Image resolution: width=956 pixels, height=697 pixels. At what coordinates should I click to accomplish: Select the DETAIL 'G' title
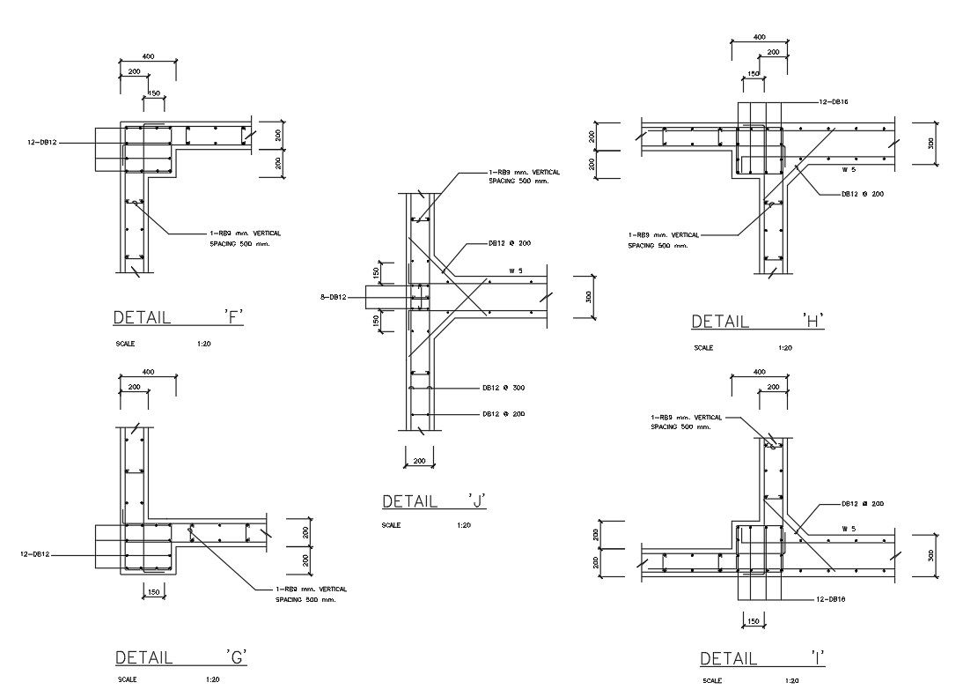click(x=181, y=657)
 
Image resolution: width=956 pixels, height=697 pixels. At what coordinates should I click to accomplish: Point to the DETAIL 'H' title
click(x=758, y=322)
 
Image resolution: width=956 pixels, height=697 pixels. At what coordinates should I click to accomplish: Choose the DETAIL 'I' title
click(x=762, y=658)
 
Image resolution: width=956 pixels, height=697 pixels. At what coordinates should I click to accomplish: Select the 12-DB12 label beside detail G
click(x=35, y=554)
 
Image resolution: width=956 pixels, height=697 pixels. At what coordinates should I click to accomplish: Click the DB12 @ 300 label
click(x=504, y=388)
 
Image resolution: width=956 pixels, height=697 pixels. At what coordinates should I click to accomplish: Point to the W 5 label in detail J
click(x=516, y=271)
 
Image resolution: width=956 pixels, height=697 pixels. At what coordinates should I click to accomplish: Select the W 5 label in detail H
click(x=849, y=168)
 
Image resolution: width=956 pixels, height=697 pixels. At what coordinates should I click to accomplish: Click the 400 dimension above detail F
click(x=148, y=56)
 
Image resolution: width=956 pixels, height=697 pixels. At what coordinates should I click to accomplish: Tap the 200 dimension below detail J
click(x=419, y=461)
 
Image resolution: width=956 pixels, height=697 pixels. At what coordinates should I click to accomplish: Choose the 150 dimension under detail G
click(x=153, y=592)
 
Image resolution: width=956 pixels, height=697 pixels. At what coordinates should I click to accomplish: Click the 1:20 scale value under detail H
click(x=785, y=348)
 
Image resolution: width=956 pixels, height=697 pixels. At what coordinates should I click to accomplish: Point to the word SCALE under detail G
click(x=126, y=679)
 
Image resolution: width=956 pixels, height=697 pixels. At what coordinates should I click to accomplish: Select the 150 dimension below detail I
click(x=752, y=621)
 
